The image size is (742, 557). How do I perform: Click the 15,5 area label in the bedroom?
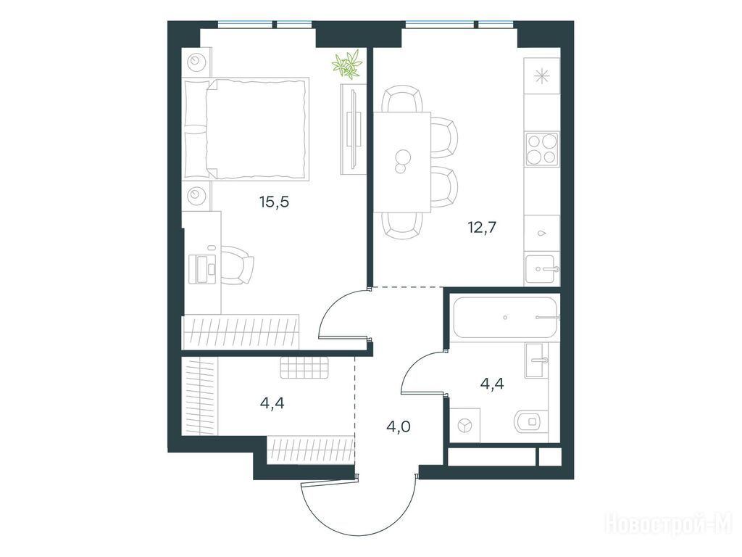tap(274, 202)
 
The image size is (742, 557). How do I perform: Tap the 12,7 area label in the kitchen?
tap(482, 228)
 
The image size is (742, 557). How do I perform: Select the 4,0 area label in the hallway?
tap(399, 426)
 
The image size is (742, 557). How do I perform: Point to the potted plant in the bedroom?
tap(347, 64)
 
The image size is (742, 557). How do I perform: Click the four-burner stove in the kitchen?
tap(542, 149)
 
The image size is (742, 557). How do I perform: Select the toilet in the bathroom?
tap(533, 421)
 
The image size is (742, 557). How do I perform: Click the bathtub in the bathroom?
tap(504, 318)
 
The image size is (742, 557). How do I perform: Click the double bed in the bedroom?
tap(246, 129)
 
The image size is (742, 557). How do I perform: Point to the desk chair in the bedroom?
tap(237, 265)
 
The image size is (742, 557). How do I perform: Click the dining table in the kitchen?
tap(402, 162)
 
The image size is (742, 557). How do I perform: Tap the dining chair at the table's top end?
tap(402, 99)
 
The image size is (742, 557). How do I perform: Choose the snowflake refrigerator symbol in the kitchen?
tap(541, 75)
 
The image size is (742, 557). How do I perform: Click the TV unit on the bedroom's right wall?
tap(354, 129)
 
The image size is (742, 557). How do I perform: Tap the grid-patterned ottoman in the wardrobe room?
tap(304, 368)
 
